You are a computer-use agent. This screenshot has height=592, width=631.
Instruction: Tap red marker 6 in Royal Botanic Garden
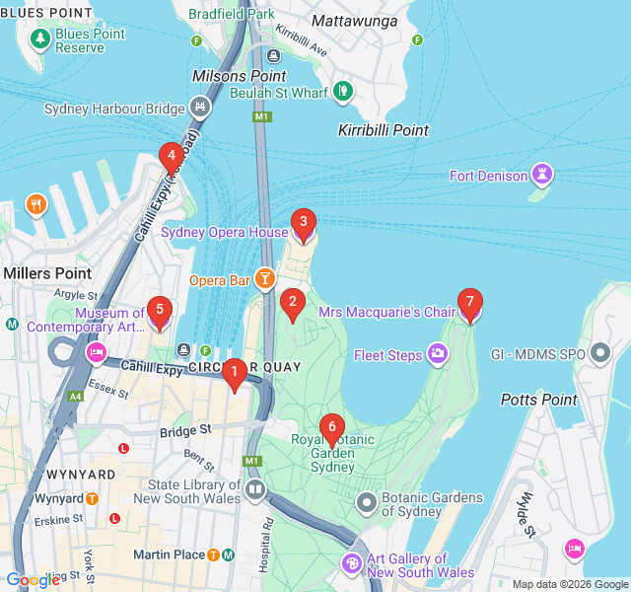point(331,428)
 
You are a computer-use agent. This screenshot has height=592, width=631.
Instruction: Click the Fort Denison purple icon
point(541,176)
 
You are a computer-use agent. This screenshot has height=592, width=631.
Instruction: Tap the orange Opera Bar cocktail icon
point(265,280)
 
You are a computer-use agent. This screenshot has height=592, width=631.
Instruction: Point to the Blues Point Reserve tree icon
point(40,38)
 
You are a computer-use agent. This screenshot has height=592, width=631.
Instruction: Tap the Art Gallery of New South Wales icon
point(352,563)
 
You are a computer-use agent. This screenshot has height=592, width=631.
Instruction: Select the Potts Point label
point(537,400)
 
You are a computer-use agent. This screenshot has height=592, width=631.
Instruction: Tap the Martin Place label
point(169,555)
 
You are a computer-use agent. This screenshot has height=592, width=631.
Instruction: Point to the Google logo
point(33,580)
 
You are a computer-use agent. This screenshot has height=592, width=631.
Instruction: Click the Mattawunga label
point(354,20)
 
